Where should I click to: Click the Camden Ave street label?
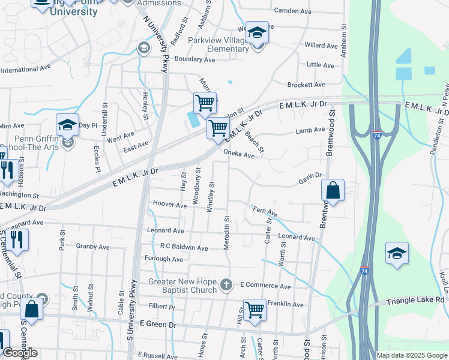292,11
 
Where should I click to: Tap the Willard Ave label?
321,46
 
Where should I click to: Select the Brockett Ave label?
306,85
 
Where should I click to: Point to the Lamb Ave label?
310,130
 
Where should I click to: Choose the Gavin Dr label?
311,178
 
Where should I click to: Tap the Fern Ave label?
265,212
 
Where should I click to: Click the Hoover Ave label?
170,205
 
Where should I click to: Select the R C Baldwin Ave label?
184,247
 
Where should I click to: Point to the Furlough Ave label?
164,259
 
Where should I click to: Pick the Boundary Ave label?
194,59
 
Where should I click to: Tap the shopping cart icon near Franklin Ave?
255,310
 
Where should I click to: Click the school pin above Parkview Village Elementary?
257,32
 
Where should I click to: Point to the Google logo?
20,353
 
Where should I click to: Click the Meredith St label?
227,229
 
